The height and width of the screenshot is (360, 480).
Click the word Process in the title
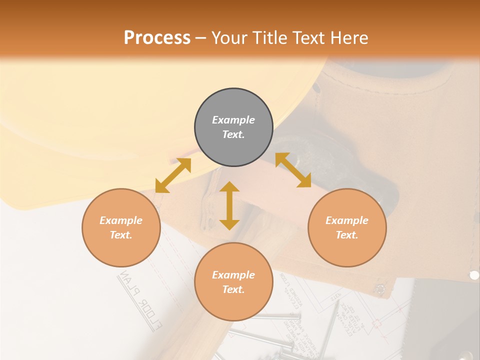tap(157, 37)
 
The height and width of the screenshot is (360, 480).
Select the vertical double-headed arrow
tap(229, 205)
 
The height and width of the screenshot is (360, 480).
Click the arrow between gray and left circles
tap(173, 175)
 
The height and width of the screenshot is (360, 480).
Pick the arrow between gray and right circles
tap(293, 170)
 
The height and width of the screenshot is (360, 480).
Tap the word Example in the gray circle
tap(233, 120)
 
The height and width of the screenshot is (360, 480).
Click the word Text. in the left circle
tap(121, 235)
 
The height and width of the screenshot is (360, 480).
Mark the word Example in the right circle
tap(347, 220)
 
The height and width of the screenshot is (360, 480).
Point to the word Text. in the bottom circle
tap(233, 289)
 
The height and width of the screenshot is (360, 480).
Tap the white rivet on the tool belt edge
tap(474, 275)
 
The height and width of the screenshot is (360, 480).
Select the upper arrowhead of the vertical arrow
tap(229, 187)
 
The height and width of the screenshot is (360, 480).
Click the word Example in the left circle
tap(121, 220)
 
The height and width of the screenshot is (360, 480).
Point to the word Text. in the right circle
tap(347, 235)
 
